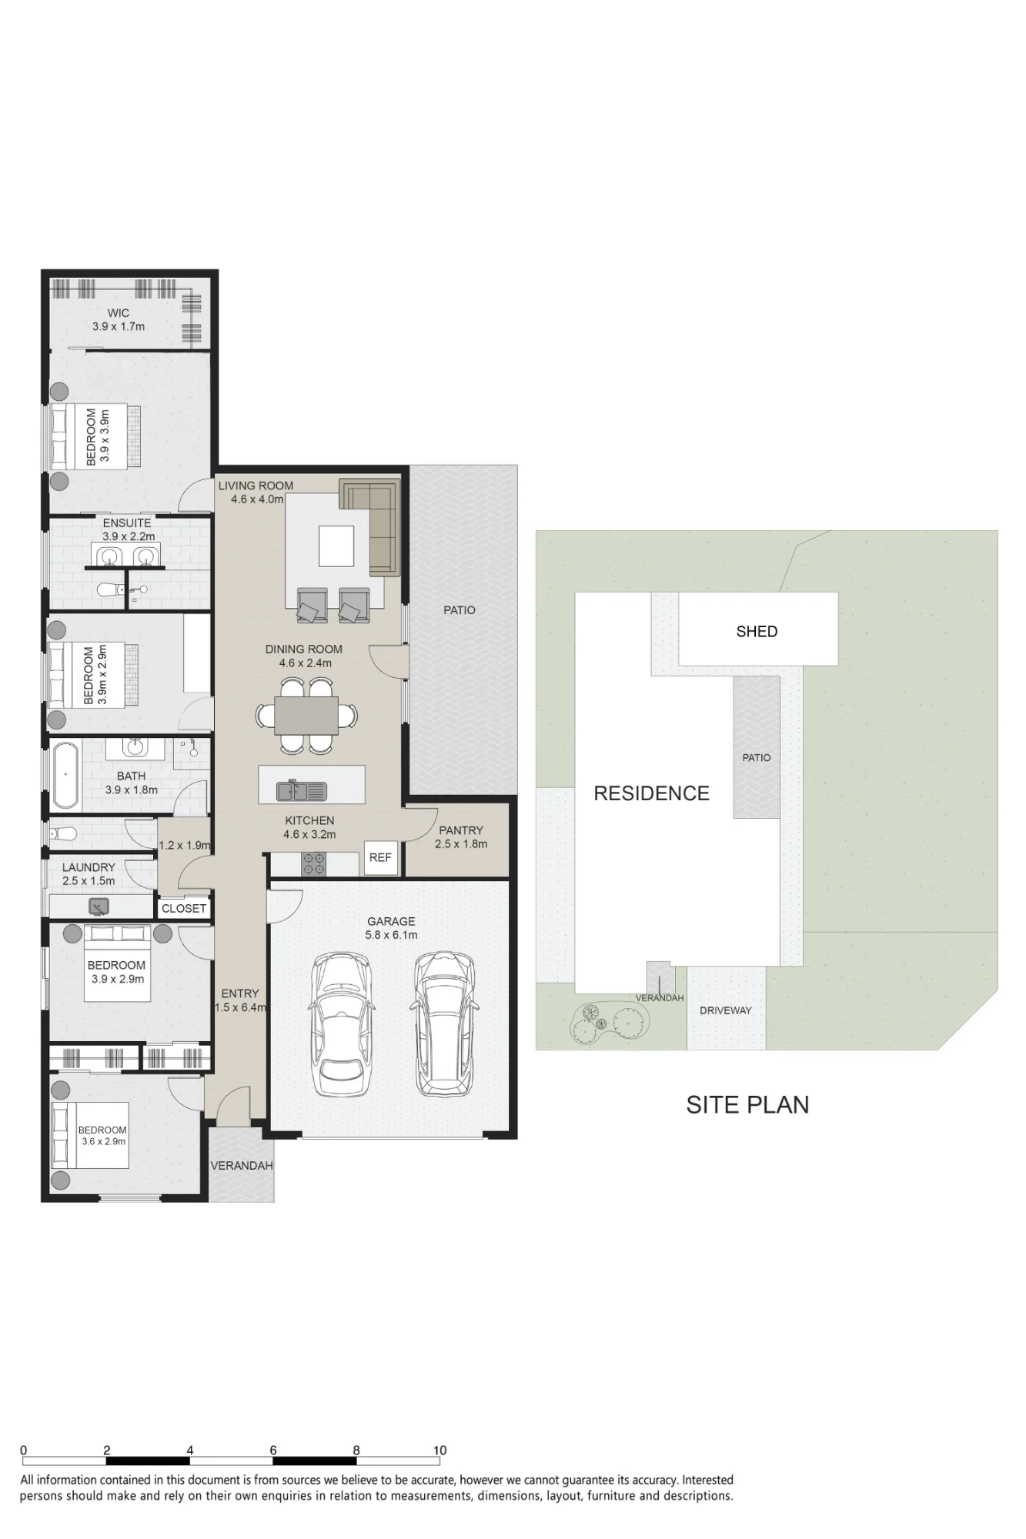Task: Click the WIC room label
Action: coord(119,313)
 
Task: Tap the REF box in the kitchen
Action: coord(380,857)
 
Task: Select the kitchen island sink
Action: coord(302,790)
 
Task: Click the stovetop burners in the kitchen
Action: coord(313,863)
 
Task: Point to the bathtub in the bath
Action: coord(65,776)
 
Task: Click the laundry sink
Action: coord(99,906)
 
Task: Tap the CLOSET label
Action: coord(184,909)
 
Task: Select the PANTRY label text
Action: coord(461,830)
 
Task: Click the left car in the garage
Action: coord(341,1025)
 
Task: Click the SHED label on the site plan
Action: coord(757,632)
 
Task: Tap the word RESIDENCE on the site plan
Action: coord(651,793)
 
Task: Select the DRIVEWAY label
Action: coord(726,1010)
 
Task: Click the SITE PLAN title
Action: coord(747,1105)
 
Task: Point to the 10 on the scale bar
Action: coord(439,1451)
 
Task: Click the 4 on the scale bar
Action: coord(189,1451)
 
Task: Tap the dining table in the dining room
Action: coord(306,715)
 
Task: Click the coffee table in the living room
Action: coord(336,546)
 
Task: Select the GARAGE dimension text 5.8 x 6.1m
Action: coord(391,935)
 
